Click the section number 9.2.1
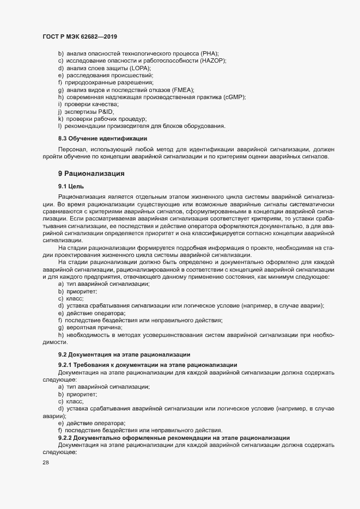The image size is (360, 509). point(67,365)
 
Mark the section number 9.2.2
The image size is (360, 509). point(67,437)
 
